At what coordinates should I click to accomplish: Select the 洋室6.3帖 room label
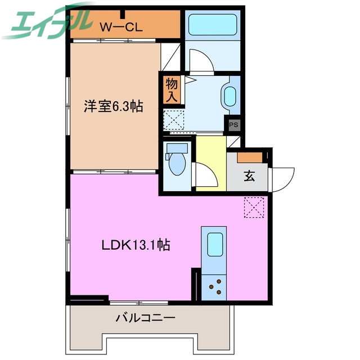pyautogui.click(x=113, y=106)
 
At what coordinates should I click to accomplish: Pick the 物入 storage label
pyautogui.click(x=172, y=90)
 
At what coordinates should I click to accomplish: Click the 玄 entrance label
pyautogui.click(x=249, y=175)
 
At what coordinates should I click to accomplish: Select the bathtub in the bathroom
pyautogui.click(x=212, y=25)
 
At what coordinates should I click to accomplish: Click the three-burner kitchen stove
pyautogui.click(x=214, y=287)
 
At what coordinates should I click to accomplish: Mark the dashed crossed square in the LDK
pyautogui.click(x=254, y=207)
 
